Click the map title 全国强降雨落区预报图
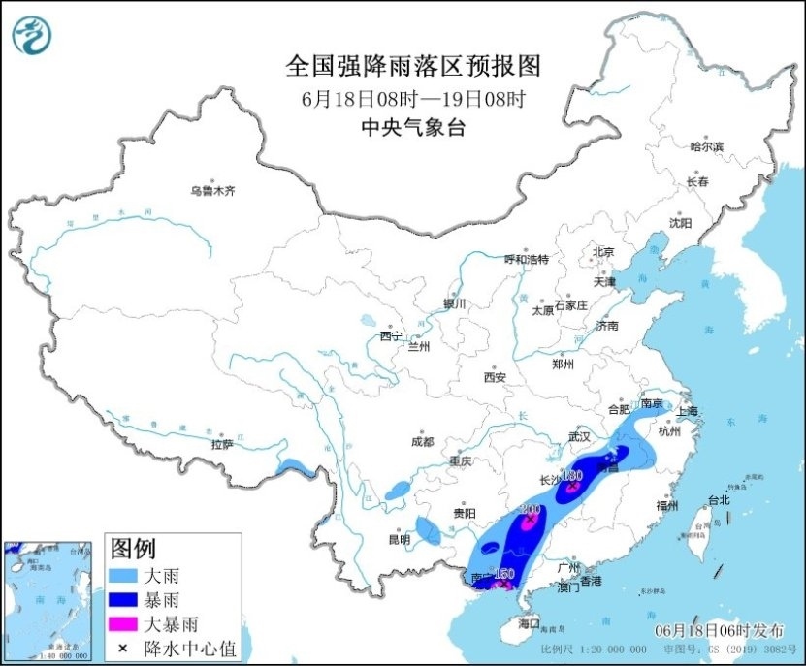412,66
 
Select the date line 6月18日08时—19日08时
412,98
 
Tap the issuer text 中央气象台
412,126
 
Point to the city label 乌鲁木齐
212,191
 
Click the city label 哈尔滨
706,146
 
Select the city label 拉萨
222,444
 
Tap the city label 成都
422,441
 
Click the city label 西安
496,376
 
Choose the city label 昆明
400,539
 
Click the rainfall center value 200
531,510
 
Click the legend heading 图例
133,550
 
